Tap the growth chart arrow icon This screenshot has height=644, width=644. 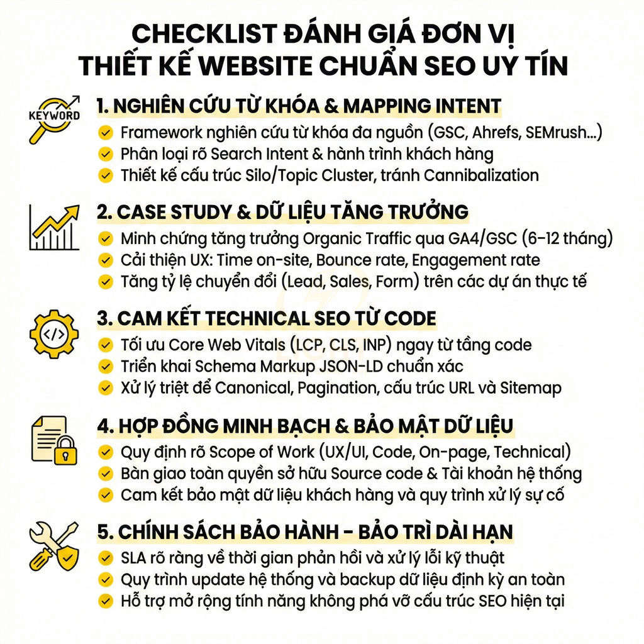tap(55, 227)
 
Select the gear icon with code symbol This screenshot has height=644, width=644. tap(54, 334)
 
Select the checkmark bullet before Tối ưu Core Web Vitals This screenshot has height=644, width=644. tap(105, 345)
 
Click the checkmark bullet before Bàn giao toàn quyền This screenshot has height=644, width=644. tap(105, 473)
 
